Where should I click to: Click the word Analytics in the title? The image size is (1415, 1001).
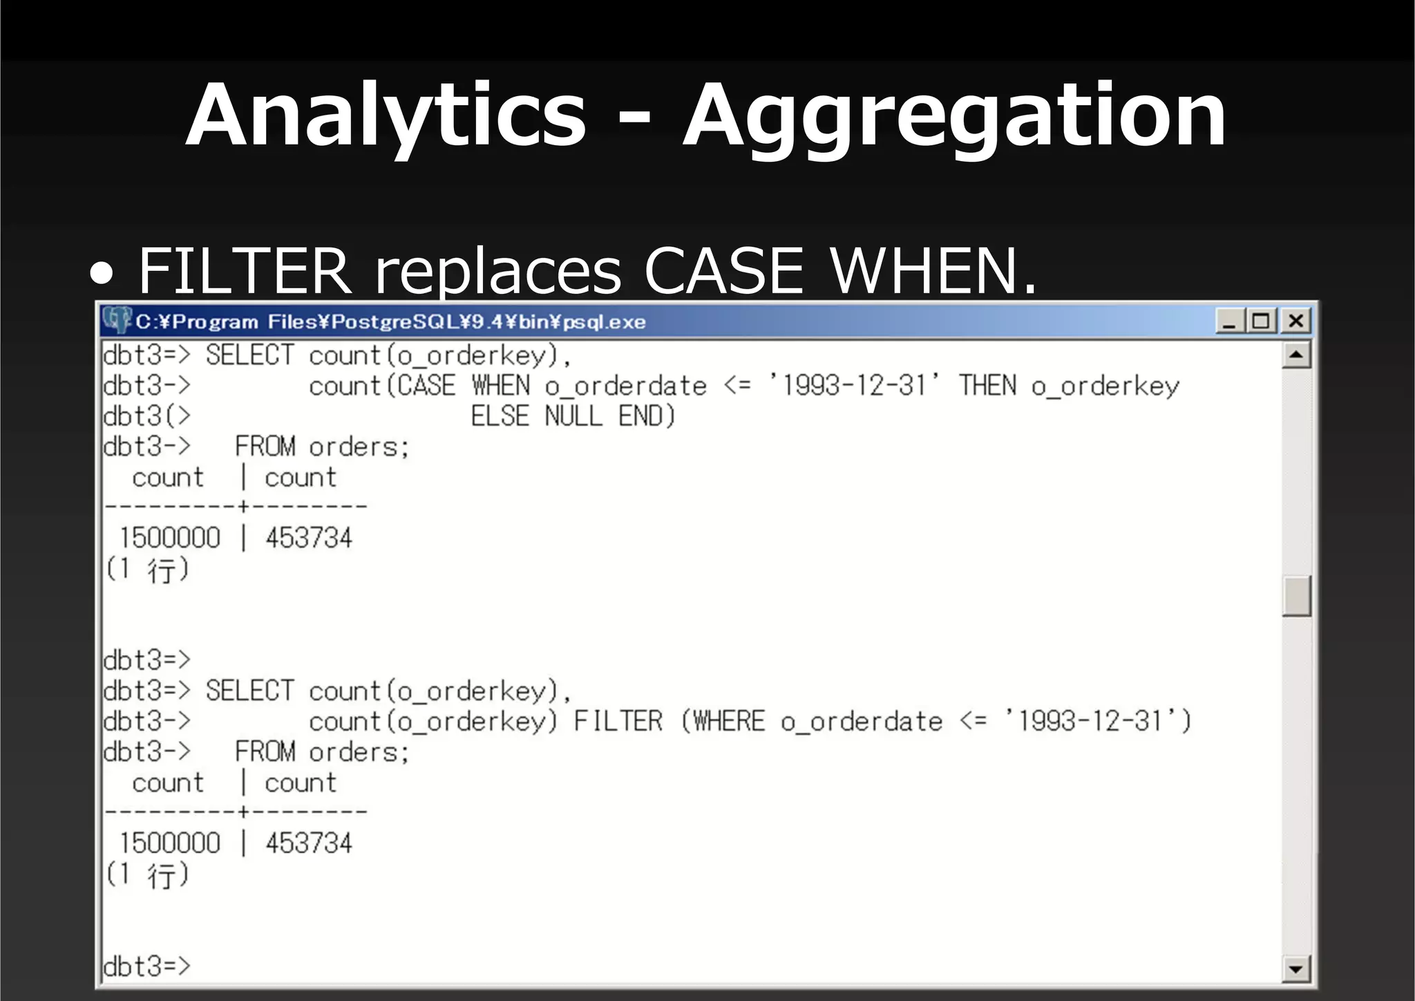(386, 116)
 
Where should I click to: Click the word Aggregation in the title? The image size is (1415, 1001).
(953, 116)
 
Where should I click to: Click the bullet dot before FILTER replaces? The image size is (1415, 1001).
(102, 274)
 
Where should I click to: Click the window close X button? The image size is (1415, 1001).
(1295, 321)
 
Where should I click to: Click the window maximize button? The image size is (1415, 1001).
(1262, 321)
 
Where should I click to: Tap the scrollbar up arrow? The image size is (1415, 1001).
(1296, 356)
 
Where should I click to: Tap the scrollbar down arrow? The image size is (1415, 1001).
(1296, 969)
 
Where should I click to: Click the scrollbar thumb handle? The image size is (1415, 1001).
(1296, 595)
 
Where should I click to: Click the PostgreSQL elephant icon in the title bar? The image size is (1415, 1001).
(116, 320)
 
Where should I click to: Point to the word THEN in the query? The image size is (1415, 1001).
(987, 386)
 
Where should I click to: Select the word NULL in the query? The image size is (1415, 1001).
(573, 416)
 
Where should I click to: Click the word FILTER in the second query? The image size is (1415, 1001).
(618, 722)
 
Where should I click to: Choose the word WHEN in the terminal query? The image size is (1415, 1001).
(501, 386)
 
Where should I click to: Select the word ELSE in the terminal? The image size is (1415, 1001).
(500, 416)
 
